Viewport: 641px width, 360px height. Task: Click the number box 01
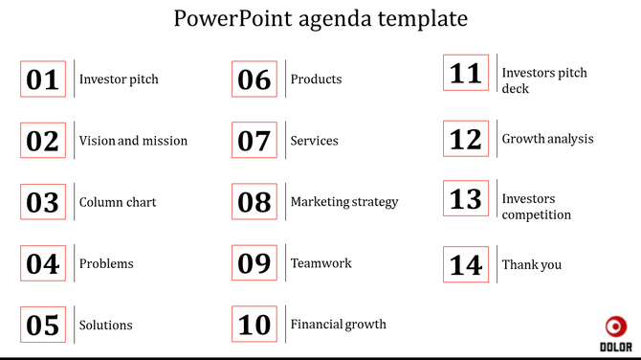pos(43,79)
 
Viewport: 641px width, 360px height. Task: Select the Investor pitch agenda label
pos(119,79)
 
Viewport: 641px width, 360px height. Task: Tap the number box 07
pos(254,141)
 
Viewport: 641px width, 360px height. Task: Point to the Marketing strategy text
pos(344,202)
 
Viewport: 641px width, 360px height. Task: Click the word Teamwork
pos(321,263)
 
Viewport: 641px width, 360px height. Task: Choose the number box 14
pos(466,264)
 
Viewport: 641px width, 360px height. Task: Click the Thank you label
pos(532,265)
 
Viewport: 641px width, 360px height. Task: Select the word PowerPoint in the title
pos(223,18)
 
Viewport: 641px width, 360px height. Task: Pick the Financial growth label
pos(339,325)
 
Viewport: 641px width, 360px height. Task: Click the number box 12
pos(466,139)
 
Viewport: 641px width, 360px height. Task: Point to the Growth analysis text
pos(548,139)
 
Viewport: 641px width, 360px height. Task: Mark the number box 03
pos(43,202)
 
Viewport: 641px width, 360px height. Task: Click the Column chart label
pos(118,202)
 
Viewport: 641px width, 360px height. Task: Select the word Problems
pos(106,263)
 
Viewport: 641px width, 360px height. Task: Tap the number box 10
pos(254,325)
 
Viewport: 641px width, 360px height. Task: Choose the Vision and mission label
pos(133,141)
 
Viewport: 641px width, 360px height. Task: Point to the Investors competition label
pos(537,207)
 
